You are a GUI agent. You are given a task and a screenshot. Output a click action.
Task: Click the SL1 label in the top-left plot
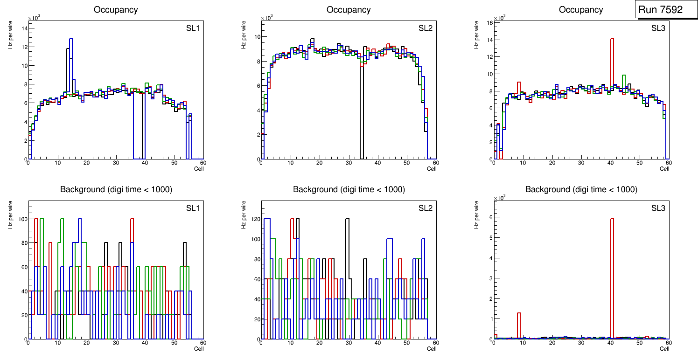click(193, 28)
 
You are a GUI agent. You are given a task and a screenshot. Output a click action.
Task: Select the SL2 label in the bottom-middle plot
click(426, 208)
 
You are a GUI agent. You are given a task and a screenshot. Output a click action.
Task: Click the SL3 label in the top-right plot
click(658, 28)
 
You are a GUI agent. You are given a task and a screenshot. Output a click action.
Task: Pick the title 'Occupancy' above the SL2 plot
click(349, 10)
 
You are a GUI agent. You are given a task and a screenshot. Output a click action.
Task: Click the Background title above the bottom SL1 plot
click(116, 189)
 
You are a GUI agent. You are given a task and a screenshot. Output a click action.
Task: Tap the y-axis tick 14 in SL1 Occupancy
click(24, 28)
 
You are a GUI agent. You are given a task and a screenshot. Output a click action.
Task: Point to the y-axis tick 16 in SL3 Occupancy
click(489, 22)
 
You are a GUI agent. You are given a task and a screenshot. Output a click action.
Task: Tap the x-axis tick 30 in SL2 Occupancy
click(349, 163)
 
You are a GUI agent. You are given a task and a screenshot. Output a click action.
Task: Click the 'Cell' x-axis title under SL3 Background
click(664, 348)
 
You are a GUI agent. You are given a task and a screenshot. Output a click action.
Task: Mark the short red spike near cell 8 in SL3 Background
click(519, 322)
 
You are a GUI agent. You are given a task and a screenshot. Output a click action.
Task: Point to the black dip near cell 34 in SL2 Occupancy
click(362, 117)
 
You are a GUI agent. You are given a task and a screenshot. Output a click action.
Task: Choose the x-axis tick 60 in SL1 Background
click(203, 343)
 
